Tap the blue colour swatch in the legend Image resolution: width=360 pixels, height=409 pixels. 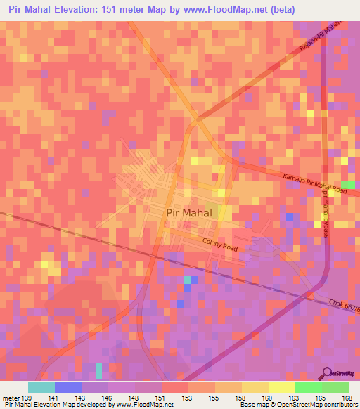pyautogui.click(x=67, y=387)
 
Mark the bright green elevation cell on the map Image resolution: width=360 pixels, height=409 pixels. pyautogui.click(x=347, y=184)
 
